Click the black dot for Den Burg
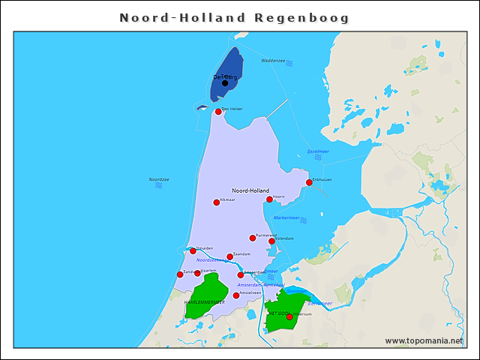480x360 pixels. pos(225,83)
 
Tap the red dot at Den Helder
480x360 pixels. pos(218,112)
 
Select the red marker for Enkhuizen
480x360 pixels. pos(309,182)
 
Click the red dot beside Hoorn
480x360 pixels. pos(269,199)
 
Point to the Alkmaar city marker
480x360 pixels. pos(217,202)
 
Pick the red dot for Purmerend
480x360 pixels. pos(253,238)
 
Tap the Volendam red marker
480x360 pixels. pos(271,241)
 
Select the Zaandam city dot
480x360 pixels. pos(230,257)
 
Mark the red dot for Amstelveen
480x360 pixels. pos(236,295)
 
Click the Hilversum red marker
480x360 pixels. pos(289,317)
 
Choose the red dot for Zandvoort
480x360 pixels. pos(180,274)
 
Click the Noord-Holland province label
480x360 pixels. pos(250,190)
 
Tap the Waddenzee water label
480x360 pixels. pos(273,61)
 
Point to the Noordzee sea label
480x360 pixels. pos(159,179)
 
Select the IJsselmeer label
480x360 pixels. pos(319,151)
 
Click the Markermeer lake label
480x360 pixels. pos(286,217)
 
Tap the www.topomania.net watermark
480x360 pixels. pos(424,341)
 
